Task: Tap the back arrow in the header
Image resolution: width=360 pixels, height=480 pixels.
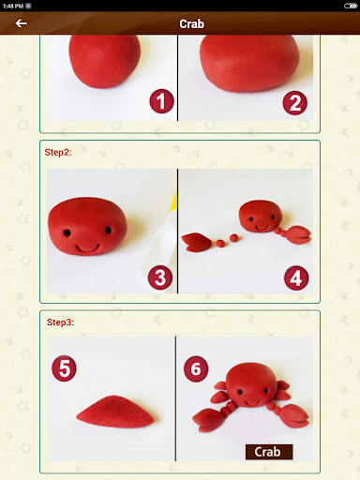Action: pyautogui.click(x=21, y=23)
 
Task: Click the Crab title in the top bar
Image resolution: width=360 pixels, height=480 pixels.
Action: pyautogui.click(x=191, y=23)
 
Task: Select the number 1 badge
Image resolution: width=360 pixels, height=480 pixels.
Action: pyautogui.click(x=161, y=101)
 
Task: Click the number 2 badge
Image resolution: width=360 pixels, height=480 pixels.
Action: pyautogui.click(x=294, y=103)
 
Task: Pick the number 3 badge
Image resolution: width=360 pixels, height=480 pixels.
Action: pyautogui.click(x=160, y=277)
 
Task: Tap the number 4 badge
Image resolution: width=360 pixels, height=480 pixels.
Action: pyautogui.click(x=296, y=278)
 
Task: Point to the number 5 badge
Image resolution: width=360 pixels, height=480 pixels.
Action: pyautogui.click(x=64, y=368)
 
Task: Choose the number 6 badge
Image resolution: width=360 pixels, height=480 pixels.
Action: pyautogui.click(x=196, y=368)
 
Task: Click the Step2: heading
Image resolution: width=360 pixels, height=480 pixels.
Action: pyautogui.click(x=58, y=152)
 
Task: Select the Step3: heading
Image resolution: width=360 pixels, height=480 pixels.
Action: pyautogui.click(x=60, y=322)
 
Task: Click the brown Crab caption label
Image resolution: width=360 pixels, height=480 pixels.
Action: pyautogui.click(x=269, y=452)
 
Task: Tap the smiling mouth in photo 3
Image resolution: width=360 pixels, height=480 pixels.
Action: pyautogui.click(x=87, y=248)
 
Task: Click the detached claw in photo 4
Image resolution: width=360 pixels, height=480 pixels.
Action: pyautogui.click(x=194, y=242)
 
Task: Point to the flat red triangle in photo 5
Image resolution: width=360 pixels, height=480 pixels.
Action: pyautogui.click(x=115, y=412)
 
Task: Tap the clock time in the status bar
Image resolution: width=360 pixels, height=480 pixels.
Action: pyautogui.click(x=13, y=6)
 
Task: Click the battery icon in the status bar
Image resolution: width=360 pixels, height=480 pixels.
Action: pyautogui.click(x=351, y=6)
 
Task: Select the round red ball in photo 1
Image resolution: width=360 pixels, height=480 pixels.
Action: pyautogui.click(x=104, y=61)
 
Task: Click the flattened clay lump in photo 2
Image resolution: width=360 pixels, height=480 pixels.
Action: pyautogui.click(x=249, y=64)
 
